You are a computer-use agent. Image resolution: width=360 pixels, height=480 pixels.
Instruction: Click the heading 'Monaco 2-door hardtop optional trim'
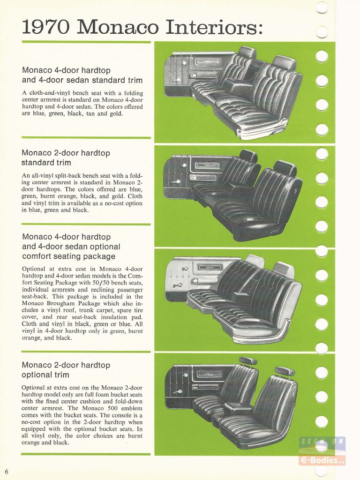click(x=66, y=370)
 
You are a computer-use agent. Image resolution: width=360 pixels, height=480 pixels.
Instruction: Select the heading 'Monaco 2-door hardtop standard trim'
click(x=66, y=157)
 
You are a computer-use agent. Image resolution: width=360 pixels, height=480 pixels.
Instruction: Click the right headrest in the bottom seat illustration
click(x=285, y=372)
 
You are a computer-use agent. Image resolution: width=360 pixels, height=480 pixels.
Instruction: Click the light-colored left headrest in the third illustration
click(x=255, y=260)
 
